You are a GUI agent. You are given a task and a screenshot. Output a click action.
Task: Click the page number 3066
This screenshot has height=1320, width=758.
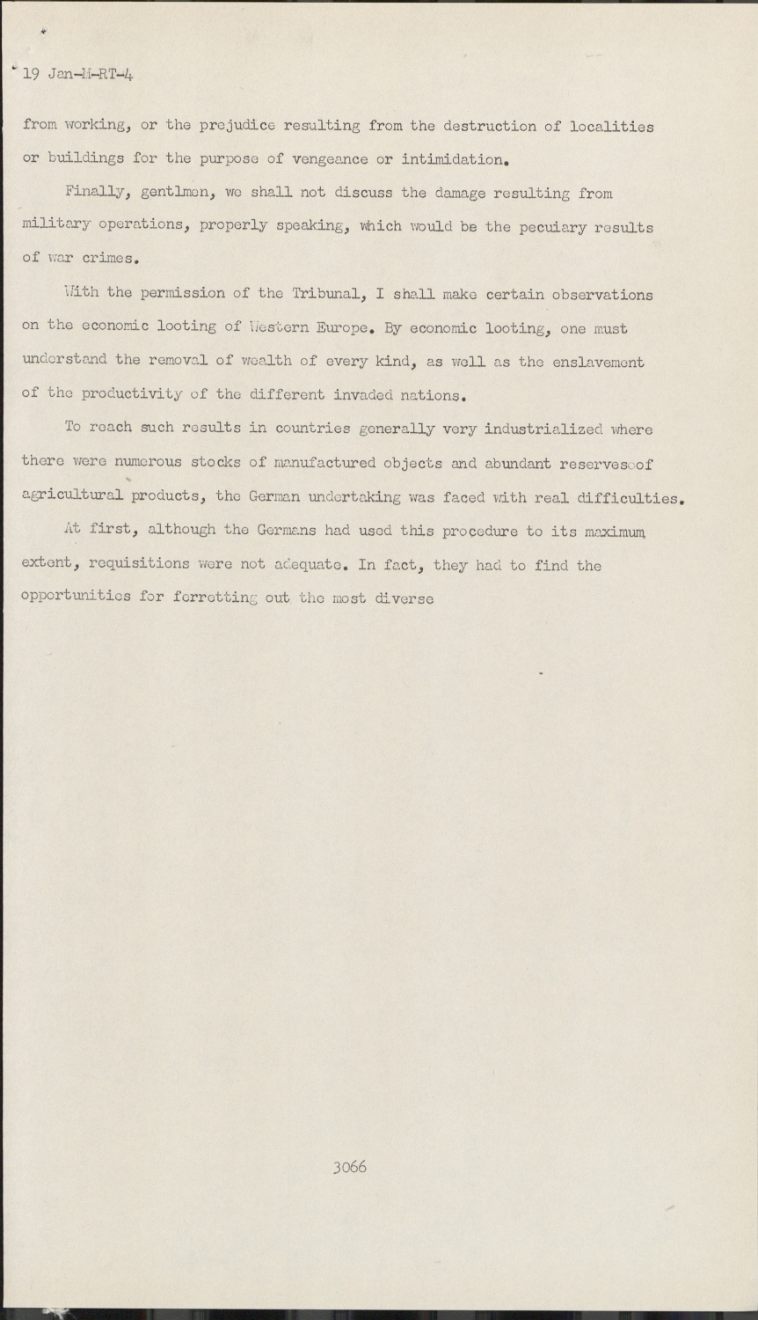tap(350, 1168)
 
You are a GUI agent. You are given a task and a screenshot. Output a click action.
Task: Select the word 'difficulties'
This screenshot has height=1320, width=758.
tap(628, 498)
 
